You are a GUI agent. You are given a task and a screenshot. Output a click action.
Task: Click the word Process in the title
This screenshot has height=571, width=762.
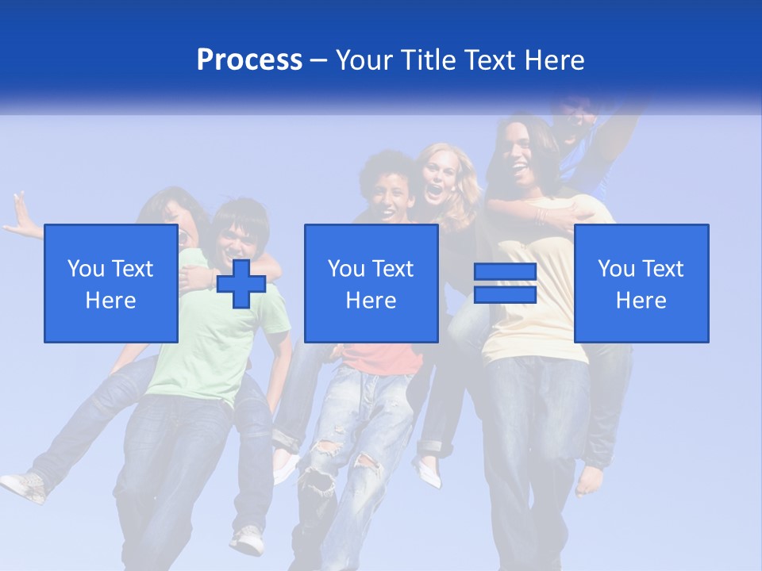[249, 59]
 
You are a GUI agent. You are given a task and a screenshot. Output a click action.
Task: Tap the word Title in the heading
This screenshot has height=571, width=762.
[429, 60]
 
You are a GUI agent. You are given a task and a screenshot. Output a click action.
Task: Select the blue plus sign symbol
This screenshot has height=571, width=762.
[241, 284]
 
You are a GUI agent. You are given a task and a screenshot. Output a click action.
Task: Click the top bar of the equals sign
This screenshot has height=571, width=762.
[505, 272]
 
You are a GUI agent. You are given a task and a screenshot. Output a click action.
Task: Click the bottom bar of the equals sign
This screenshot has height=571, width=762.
[505, 295]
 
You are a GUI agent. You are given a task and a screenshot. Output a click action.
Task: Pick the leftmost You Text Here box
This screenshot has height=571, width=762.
[111, 283]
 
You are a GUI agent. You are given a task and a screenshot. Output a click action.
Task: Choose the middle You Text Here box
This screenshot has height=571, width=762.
[371, 283]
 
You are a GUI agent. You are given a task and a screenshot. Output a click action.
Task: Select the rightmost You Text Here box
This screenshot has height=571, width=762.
[641, 283]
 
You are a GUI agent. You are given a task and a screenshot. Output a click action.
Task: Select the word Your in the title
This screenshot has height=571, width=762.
[365, 60]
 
